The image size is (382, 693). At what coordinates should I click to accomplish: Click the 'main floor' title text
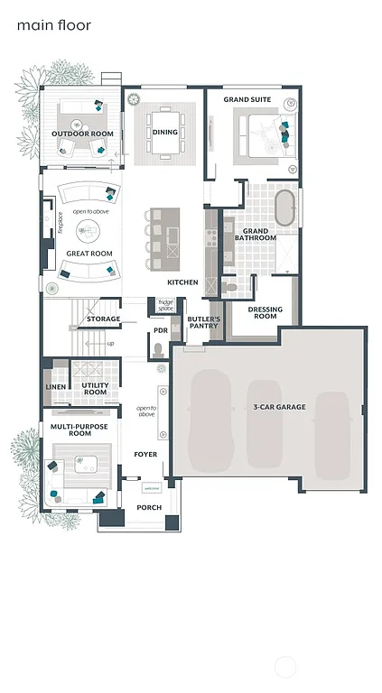tap(53, 25)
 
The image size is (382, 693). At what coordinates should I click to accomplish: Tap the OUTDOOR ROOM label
tap(82, 134)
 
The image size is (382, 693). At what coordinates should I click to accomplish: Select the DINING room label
tap(164, 132)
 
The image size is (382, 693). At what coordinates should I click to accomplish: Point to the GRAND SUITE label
tap(248, 99)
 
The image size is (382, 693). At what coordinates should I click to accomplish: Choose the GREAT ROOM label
tap(89, 254)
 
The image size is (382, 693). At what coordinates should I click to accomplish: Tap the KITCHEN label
tap(182, 282)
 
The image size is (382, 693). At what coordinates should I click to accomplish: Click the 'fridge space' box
tap(165, 305)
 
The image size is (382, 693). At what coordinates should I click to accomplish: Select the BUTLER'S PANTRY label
tap(199, 322)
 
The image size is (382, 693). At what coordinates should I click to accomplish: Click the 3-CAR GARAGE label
tap(278, 407)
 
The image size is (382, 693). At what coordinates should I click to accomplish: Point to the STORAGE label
tap(104, 319)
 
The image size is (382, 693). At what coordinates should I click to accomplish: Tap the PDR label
tap(161, 330)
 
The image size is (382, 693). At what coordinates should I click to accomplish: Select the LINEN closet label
tap(55, 387)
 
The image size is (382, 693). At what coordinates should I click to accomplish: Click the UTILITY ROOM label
tap(95, 388)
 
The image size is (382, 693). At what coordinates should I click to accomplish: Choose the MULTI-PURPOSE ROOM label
tap(70, 429)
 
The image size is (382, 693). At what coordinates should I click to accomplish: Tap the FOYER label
tap(146, 454)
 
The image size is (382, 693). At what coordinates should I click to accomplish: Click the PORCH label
tap(149, 507)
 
